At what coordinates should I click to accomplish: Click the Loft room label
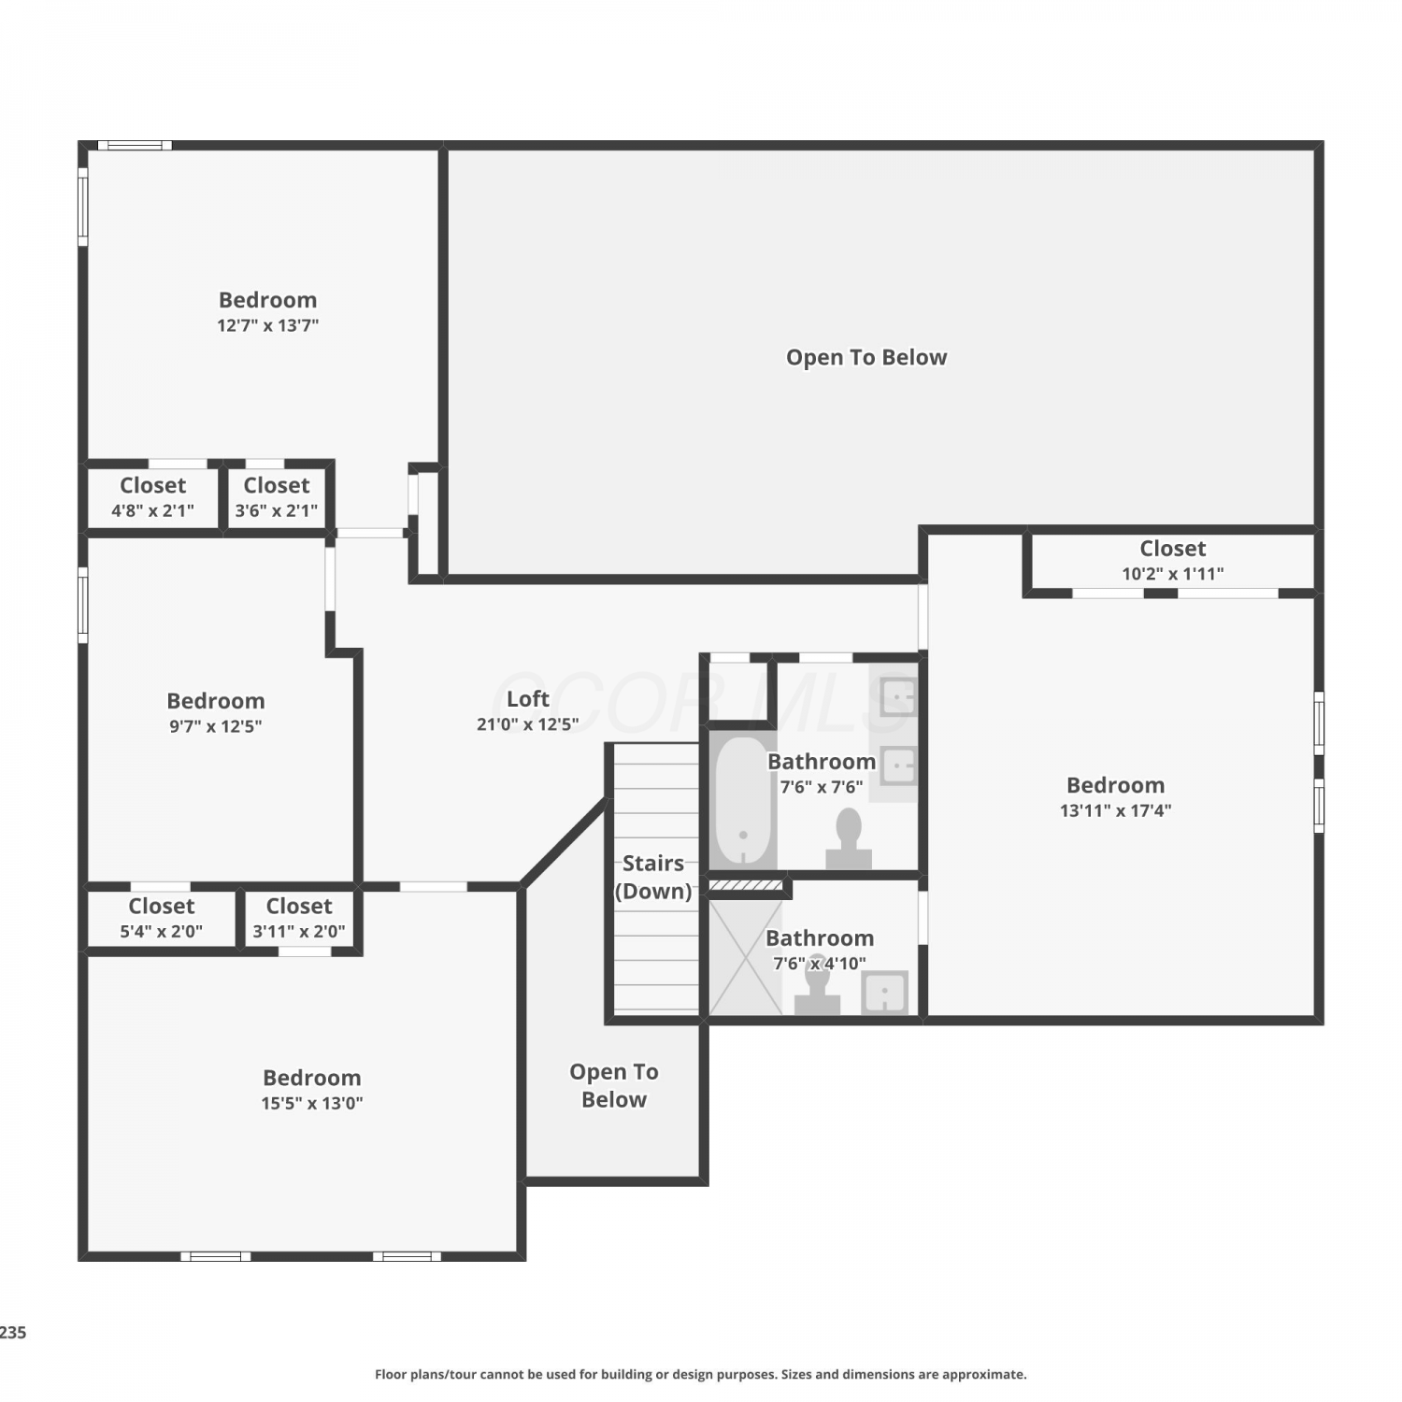point(528,699)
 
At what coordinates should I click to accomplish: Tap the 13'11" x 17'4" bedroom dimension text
point(1115,810)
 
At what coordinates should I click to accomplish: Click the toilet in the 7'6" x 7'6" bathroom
point(849,838)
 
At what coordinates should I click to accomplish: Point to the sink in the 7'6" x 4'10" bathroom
point(884,992)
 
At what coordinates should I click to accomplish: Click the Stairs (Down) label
point(653,877)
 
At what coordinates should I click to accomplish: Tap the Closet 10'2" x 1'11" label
point(1173,560)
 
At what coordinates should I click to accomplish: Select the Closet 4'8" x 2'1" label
point(153,497)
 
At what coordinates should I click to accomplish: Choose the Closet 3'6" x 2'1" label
point(277,497)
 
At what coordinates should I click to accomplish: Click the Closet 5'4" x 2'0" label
point(162,918)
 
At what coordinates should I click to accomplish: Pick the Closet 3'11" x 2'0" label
point(299,918)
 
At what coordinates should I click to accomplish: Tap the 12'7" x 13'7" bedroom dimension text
point(268,325)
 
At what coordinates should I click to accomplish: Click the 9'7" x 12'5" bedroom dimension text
point(216,726)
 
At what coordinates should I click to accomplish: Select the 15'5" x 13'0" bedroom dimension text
point(312,1103)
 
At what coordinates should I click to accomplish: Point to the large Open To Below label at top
point(866,357)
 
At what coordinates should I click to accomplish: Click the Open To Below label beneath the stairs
point(614,1085)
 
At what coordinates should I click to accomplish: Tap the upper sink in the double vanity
point(898,697)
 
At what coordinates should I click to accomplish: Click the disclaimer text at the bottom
point(701,1374)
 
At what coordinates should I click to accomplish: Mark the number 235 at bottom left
point(13,1333)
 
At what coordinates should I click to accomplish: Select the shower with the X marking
point(746,957)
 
